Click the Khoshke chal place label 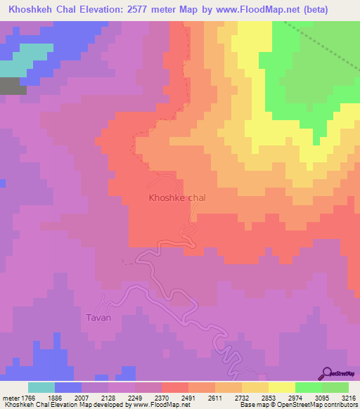tap(177, 198)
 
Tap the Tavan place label tap(98, 318)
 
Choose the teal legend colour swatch tap(41, 387)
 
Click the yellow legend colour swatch tap(282, 387)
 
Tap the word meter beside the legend tap(11, 397)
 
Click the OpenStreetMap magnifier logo tap(326, 373)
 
